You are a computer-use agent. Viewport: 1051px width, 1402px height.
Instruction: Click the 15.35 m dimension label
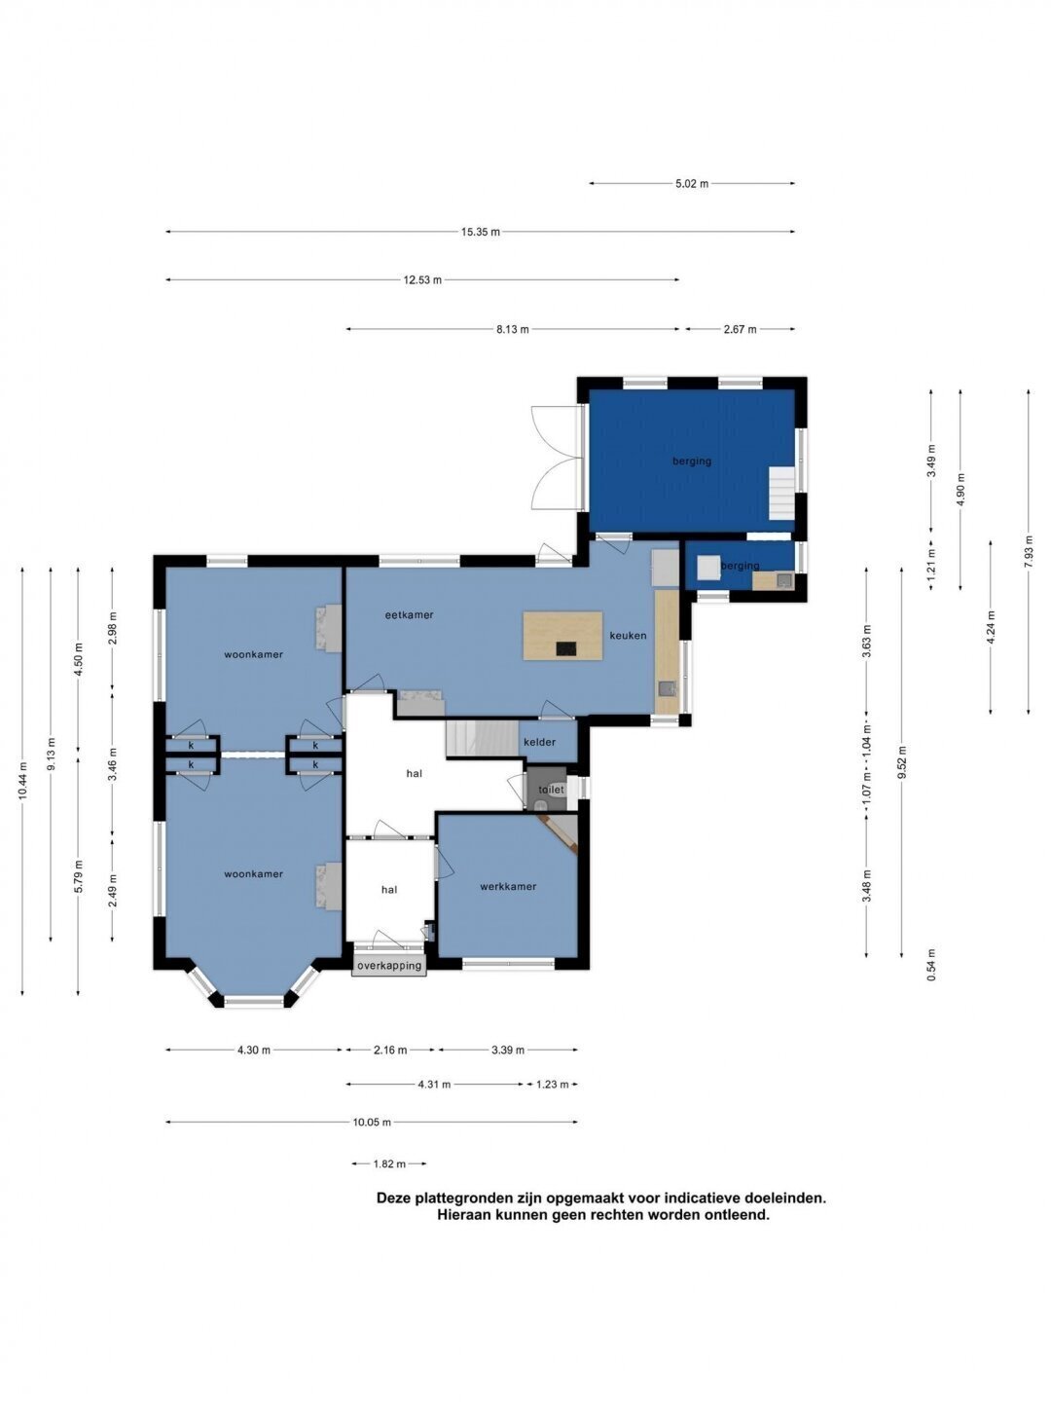[x=481, y=232]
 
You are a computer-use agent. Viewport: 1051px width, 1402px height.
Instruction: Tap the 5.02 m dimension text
[x=692, y=184]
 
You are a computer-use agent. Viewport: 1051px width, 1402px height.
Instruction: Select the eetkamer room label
[x=409, y=615]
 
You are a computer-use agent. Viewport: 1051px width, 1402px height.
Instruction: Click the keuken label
[x=628, y=636]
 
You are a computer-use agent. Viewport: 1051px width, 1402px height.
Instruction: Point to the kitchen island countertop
[x=562, y=636]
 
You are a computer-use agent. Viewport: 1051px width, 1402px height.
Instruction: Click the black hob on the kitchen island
[x=566, y=649]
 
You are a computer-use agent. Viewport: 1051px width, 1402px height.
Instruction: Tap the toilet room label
[x=551, y=790]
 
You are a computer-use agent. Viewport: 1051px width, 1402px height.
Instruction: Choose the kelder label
[x=539, y=742]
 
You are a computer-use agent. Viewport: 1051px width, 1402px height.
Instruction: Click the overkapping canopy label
[x=389, y=965]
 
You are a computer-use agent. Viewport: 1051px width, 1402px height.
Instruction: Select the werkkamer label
[x=508, y=886]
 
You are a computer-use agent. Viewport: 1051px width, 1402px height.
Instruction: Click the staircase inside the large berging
[x=781, y=493]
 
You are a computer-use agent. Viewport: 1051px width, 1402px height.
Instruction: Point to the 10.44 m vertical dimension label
[x=22, y=781]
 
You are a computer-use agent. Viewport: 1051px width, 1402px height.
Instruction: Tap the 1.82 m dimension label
[x=389, y=1163]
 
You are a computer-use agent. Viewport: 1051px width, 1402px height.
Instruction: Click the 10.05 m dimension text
[x=372, y=1122]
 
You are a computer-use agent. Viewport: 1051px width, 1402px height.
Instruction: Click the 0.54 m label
[x=931, y=965]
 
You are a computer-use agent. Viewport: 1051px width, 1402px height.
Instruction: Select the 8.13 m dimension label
[x=513, y=330]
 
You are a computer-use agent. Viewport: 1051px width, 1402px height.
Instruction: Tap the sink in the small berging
[x=783, y=580]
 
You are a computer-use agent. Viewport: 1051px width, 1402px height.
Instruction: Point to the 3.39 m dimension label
[x=508, y=1051]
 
